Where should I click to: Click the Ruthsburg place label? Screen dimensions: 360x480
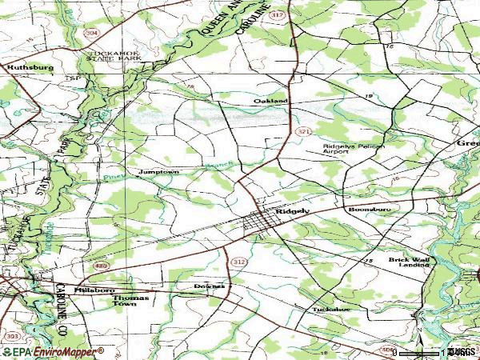30,68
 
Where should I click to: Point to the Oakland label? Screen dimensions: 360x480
270,102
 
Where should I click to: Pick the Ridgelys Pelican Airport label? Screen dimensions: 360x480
347,149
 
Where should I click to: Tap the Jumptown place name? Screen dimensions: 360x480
158,172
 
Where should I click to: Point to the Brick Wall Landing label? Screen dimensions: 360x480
410,262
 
